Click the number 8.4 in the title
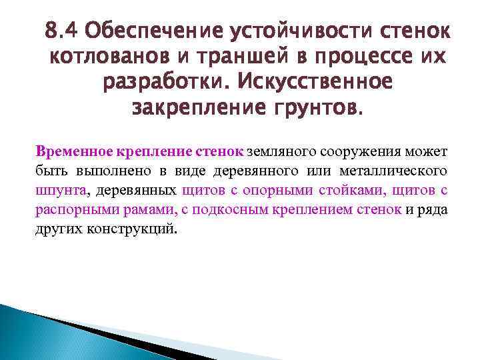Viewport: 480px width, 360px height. click(61, 31)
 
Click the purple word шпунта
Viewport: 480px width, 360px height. click(60, 190)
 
